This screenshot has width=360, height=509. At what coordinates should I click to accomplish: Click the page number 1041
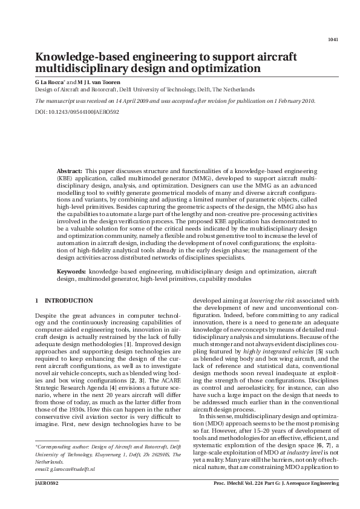pos(332,40)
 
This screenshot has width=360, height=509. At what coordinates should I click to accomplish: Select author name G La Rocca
pos(50,80)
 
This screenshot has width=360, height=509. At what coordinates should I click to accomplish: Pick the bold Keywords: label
pos(71,273)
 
